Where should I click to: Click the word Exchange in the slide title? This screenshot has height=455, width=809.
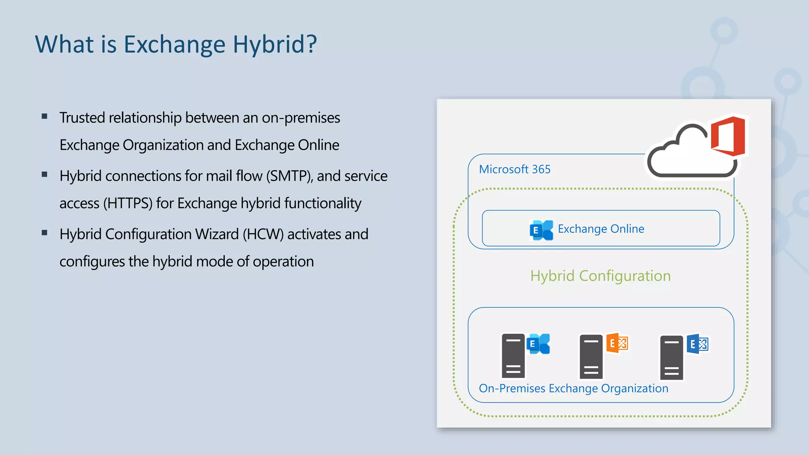point(175,44)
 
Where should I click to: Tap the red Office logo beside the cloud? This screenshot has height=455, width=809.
point(728,136)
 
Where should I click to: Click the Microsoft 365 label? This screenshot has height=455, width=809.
point(514,169)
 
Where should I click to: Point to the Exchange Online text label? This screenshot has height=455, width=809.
point(600,229)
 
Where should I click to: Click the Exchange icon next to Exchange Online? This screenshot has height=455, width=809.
point(541,230)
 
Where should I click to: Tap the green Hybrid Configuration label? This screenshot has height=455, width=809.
point(600,276)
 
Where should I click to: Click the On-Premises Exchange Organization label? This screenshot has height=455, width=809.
point(573,388)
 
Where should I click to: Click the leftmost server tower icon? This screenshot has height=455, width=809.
point(513,356)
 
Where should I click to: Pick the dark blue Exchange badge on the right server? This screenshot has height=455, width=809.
point(697,344)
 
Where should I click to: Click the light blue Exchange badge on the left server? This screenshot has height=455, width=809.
point(538,344)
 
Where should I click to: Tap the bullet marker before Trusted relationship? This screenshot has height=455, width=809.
point(44,117)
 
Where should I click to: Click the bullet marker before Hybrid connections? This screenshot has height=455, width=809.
point(44,175)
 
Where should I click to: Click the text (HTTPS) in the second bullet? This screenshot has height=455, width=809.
point(128,203)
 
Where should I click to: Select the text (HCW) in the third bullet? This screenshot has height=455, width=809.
point(263,234)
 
